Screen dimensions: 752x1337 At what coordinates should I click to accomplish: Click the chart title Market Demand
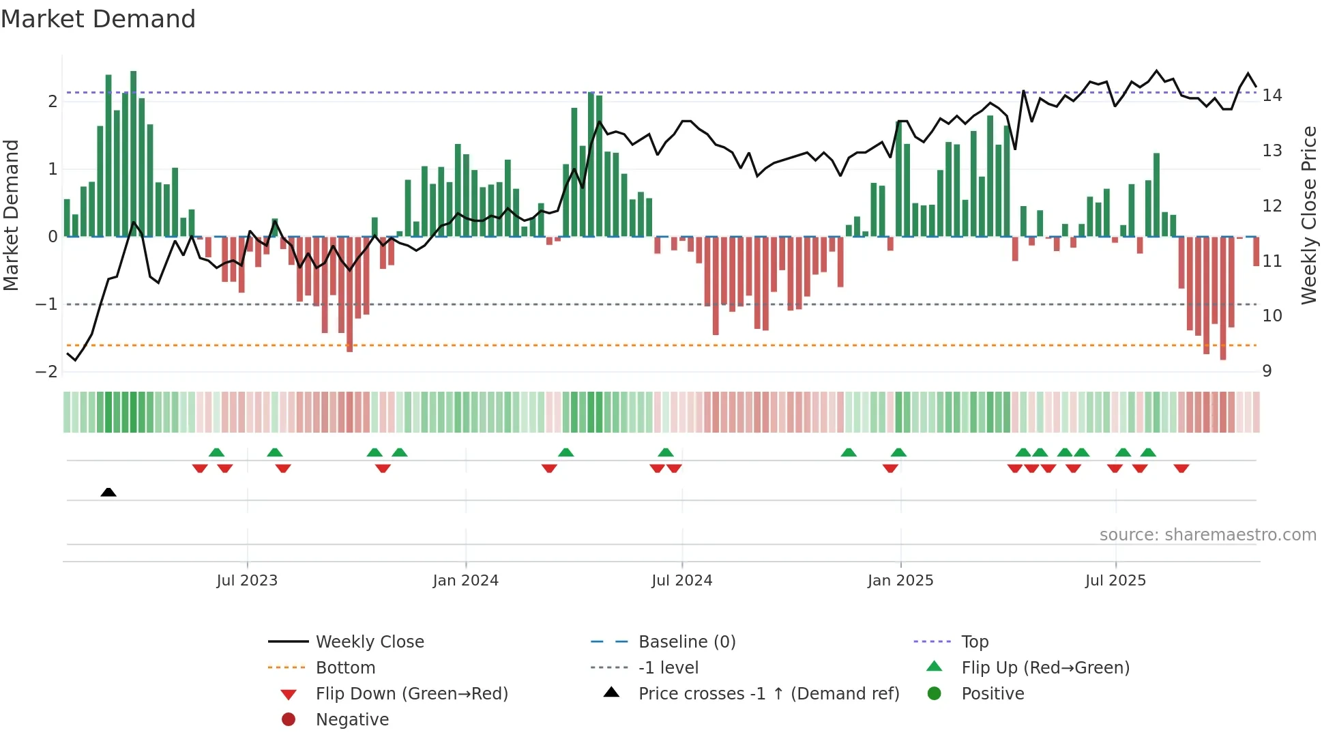[x=98, y=19]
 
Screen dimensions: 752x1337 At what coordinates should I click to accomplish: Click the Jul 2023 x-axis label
[x=247, y=581]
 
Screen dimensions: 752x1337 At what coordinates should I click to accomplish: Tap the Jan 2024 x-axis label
[x=466, y=581]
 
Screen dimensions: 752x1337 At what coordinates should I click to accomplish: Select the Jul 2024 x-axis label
[x=682, y=581]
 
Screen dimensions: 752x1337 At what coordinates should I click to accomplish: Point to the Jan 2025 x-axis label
[x=900, y=581]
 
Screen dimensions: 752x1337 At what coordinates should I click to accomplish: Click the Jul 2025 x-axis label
[x=1116, y=581]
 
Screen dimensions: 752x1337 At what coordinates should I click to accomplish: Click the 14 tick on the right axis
[x=1272, y=96]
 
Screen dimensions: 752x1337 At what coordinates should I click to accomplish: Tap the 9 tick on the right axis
[x=1267, y=371]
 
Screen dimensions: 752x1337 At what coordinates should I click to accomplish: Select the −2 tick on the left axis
[x=46, y=372]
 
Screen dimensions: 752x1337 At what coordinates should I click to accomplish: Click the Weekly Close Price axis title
[x=1309, y=215]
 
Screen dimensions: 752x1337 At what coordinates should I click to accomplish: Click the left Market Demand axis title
[x=11, y=215]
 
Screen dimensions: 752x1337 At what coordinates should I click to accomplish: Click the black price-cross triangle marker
[x=108, y=492]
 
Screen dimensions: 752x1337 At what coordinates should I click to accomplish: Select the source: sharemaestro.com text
[x=1207, y=535]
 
